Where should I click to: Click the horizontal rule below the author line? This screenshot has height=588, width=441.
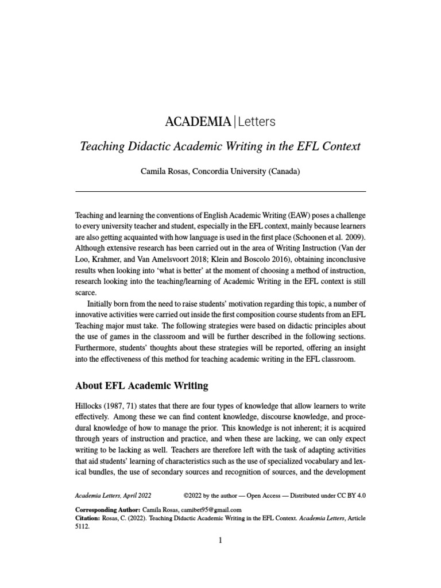coord(220,191)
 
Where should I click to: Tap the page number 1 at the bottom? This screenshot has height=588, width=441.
coord(220,541)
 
